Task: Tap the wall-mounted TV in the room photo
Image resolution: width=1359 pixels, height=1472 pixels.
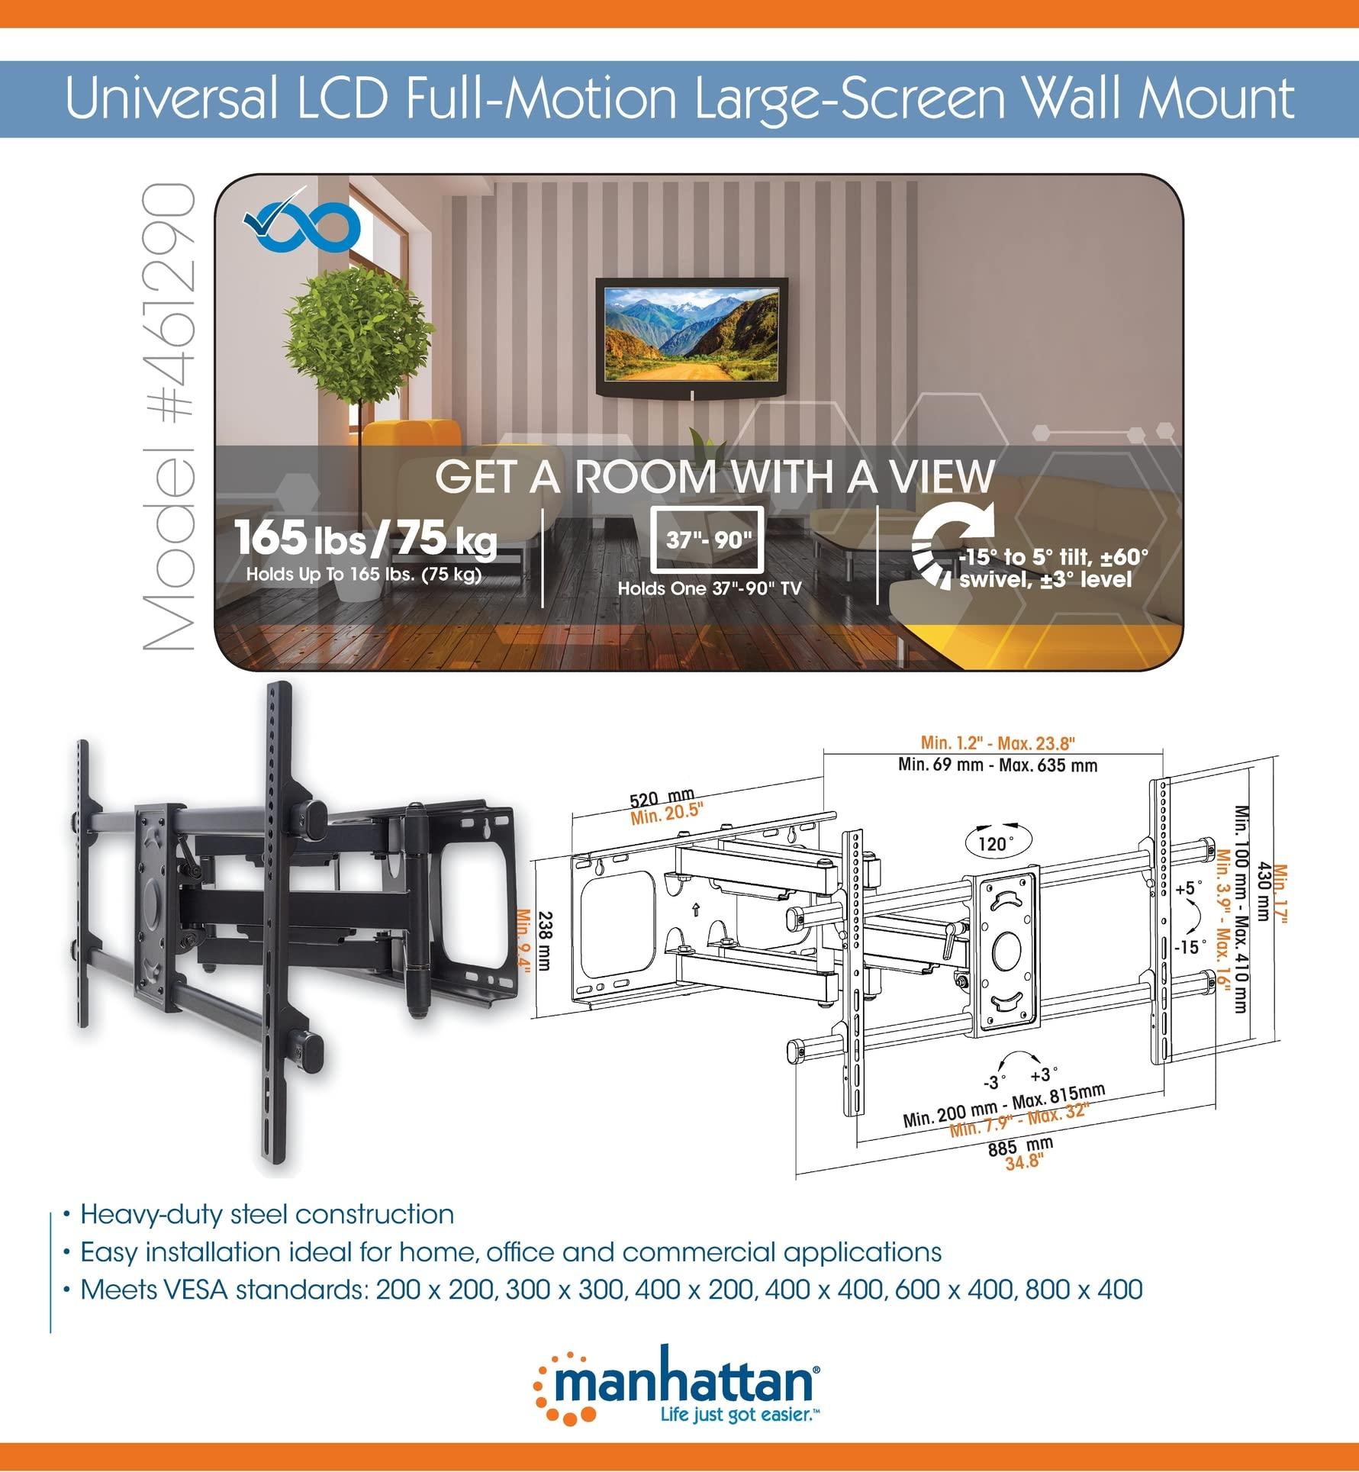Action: [691, 334]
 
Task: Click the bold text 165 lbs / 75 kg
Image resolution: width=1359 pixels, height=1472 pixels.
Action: [366, 538]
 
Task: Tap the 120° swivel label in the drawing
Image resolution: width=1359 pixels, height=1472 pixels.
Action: [992, 842]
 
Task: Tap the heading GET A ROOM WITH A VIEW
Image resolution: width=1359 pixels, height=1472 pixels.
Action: [714, 476]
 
